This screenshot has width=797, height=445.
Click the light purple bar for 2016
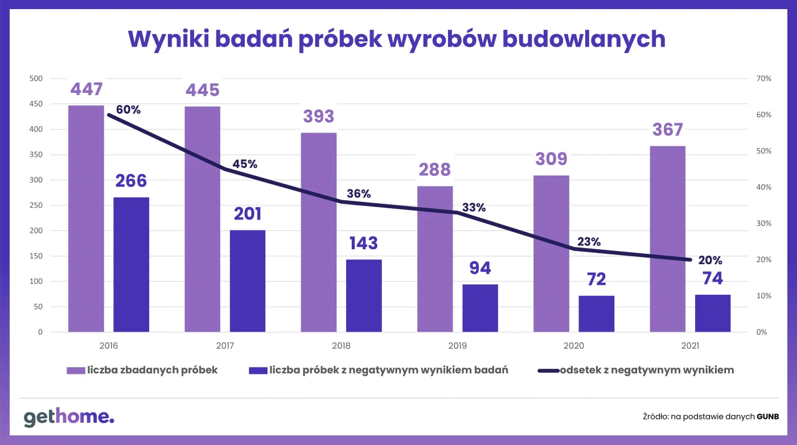click(x=86, y=219)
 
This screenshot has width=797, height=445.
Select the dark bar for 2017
click(x=248, y=281)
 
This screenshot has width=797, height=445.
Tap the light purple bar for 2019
click(x=435, y=259)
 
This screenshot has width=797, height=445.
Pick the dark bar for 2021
click(x=712, y=313)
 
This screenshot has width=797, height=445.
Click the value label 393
click(x=318, y=116)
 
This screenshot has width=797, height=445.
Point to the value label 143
click(x=364, y=243)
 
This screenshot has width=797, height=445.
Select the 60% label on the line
click(x=128, y=110)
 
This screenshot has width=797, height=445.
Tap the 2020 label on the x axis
click(x=574, y=345)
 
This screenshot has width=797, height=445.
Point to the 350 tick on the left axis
click(x=36, y=155)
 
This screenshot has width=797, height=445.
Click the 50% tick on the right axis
click(x=763, y=151)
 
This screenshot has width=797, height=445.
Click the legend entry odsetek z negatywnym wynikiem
click(x=647, y=370)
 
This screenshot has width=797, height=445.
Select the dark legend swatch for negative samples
click(x=258, y=370)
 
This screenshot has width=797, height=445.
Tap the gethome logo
click(x=69, y=417)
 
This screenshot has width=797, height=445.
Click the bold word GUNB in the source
click(x=767, y=417)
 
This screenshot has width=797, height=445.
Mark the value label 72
click(x=597, y=279)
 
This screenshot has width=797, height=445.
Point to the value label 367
click(x=667, y=130)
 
